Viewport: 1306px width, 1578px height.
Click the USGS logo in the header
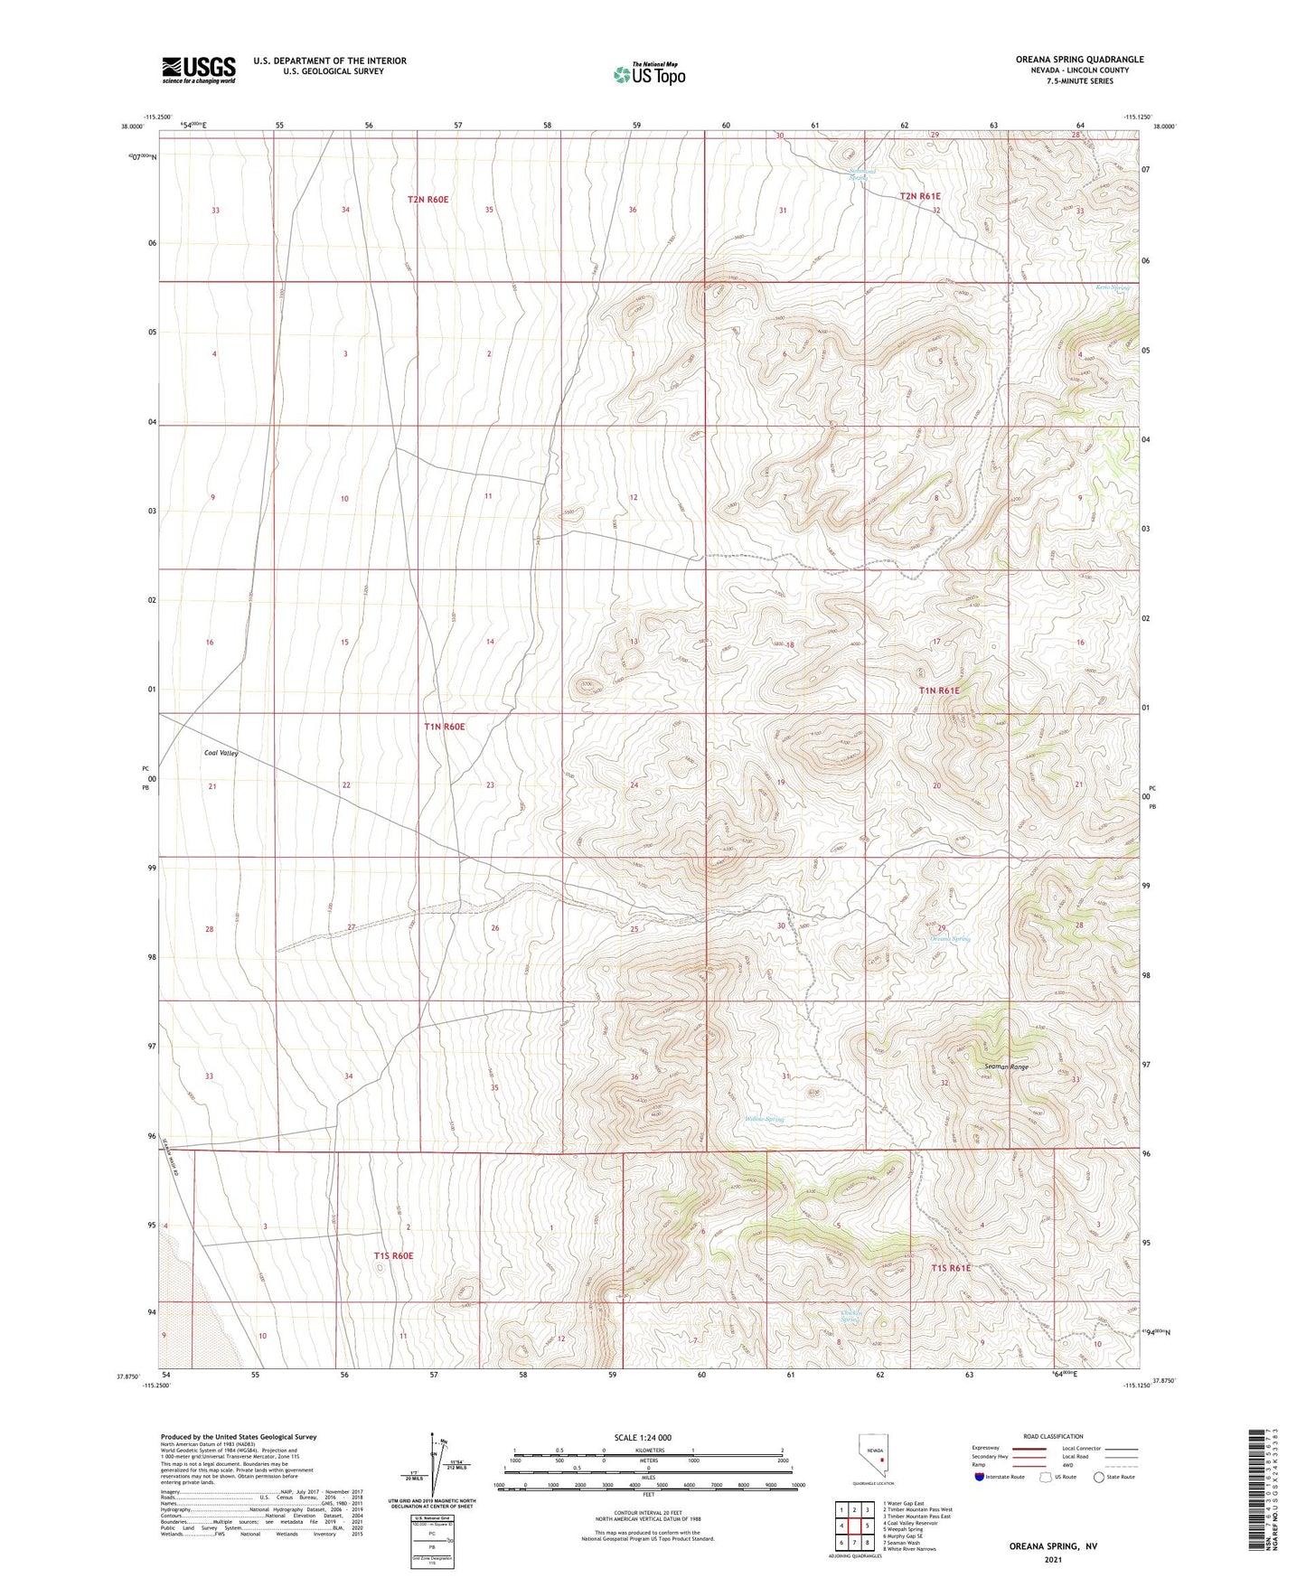coord(198,70)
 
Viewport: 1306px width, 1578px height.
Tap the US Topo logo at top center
coord(649,74)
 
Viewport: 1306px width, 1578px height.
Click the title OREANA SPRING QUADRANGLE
coord(1078,60)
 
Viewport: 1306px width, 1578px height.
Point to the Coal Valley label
coord(221,752)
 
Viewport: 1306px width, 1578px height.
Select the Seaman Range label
coord(1006,1066)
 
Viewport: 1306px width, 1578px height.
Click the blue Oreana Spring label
coord(950,938)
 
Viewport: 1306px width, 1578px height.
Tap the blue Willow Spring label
coord(765,1119)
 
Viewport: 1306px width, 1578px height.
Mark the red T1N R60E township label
coord(444,727)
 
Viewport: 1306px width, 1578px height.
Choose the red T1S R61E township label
coord(951,1267)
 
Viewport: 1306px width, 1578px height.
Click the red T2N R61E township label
coord(919,196)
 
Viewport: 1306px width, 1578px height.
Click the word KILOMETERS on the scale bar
coord(646,1450)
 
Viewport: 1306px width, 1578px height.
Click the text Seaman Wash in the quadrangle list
coord(905,1542)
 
